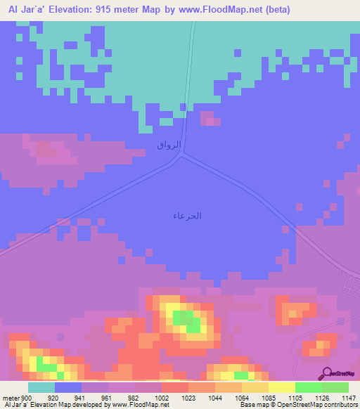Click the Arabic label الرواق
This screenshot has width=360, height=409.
(169, 145)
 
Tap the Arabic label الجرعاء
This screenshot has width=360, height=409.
(187, 216)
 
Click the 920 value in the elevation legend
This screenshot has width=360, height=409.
(53, 397)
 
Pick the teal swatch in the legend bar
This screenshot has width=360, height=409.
(41, 387)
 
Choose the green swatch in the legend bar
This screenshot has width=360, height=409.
(309, 387)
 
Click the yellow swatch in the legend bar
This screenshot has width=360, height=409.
(282, 387)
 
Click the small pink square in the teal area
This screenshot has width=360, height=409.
(210, 118)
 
